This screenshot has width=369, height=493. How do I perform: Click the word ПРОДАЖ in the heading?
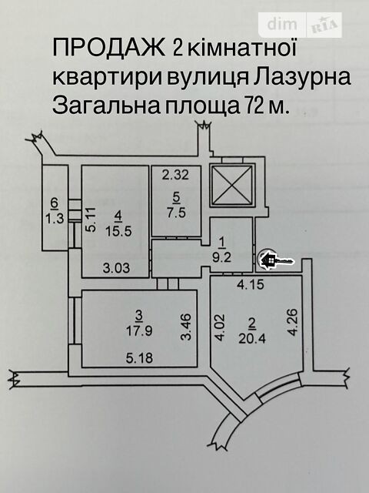tap(109, 48)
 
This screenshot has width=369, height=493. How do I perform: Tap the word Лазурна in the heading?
tap(301, 76)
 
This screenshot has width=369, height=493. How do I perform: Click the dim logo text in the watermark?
tap(282, 24)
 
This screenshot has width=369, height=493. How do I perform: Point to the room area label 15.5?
tap(118, 232)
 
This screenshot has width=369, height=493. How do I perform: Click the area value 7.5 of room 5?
tap(176, 213)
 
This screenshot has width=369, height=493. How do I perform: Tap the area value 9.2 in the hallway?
tap(222, 257)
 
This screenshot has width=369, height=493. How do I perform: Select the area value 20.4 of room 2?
tap(252, 338)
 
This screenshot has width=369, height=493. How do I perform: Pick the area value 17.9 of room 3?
tap(139, 330)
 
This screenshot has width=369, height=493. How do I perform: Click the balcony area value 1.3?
tap(55, 218)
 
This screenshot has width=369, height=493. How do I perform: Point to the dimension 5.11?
tap(91, 219)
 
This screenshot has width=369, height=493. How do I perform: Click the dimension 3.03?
tap(116, 268)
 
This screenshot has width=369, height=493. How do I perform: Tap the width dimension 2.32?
tap(175, 175)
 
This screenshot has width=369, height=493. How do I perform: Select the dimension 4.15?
tap(251, 285)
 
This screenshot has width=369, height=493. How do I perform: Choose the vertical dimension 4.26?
tap(292, 322)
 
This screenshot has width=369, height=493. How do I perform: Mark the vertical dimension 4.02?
tap(220, 327)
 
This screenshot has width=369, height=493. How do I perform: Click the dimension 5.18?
tap(139, 357)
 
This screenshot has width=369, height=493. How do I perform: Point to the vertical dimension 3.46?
tap(186, 327)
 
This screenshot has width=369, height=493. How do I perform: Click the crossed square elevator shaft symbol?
tap(232, 185)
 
